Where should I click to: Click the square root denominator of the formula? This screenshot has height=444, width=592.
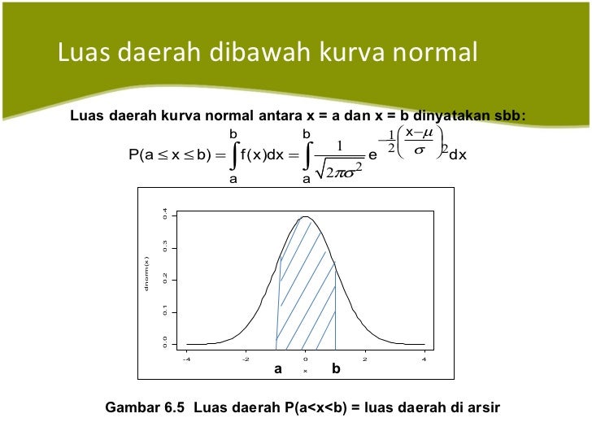(339, 170)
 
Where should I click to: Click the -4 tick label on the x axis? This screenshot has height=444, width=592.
(185, 359)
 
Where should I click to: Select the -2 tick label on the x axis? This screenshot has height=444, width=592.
(246, 359)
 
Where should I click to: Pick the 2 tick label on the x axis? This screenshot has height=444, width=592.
(365, 359)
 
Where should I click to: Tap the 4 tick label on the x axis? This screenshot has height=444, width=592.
(424, 359)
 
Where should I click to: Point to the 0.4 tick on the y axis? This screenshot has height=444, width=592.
(164, 215)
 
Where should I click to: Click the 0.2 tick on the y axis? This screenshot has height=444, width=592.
(164, 279)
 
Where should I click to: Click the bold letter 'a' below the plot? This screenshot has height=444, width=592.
(277, 369)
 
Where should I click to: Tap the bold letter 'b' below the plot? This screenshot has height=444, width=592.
(336, 369)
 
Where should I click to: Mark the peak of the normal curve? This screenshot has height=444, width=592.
(306, 216)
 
